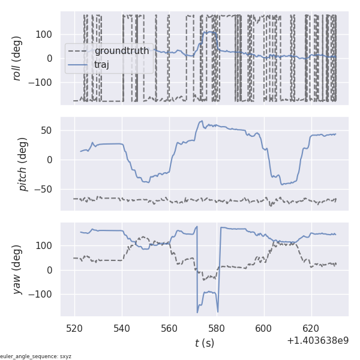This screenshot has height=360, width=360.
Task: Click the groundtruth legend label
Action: click(121, 51)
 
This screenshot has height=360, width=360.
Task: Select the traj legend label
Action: click(101, 64)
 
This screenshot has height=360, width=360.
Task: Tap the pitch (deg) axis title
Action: click(23, 164)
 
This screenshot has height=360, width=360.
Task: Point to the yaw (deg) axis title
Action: click(17, 269)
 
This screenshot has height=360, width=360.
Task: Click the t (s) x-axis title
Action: click(204, 343)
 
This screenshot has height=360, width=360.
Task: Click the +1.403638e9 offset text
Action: click(317, 341)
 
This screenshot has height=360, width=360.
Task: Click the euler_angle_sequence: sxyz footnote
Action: click(36, 356)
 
